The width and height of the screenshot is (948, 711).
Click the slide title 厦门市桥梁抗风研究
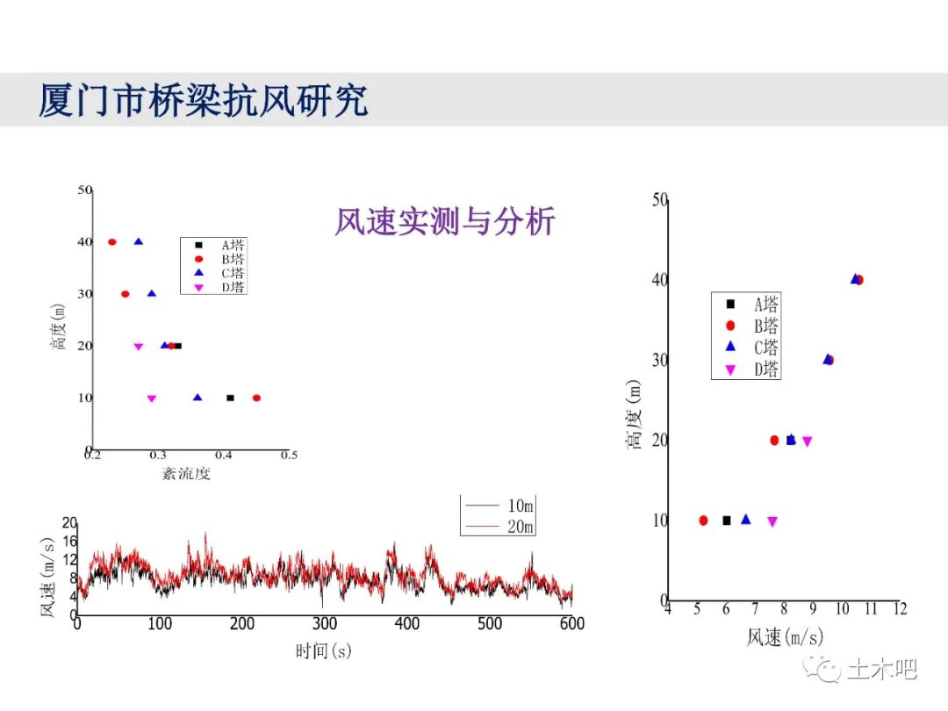[203, 100]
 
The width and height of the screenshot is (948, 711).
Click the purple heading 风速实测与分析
[444, 221]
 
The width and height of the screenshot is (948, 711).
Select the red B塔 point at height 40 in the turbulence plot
[112, 242]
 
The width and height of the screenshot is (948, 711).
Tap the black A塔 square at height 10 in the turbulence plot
[230, 398]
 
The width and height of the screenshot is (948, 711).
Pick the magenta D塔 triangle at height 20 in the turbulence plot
[138, 347]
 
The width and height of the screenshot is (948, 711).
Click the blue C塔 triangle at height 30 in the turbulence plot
[152, 294]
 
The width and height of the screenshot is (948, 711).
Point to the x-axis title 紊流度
[186, 474]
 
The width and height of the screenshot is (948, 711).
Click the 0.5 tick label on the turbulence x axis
[289, 455]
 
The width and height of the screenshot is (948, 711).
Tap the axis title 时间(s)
[323, 650]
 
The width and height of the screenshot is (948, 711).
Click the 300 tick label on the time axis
[325, 624]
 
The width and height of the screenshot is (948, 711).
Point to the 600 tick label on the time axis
[571, 624]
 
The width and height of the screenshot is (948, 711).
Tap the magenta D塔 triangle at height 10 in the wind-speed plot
[772, 521]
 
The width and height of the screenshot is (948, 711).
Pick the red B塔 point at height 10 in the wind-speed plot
[703, 521]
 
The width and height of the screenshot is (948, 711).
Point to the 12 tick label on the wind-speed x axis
[898, 608]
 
